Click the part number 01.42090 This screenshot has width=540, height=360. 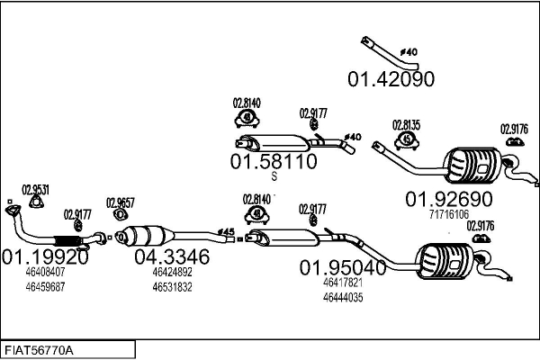pos(391,79)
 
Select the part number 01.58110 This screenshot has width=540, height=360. pos(274,163)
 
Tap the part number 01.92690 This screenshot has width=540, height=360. pos(448,198)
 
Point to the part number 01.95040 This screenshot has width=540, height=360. pos(343,266)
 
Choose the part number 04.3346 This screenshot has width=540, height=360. pos(172,256)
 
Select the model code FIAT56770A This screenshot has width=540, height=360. pos(40,348)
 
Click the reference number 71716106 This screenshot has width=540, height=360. pos(448,214)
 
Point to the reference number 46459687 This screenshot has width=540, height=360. pos(45,286)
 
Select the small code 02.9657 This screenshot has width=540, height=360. pos(120,202)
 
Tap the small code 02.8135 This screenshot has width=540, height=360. pos(406,126)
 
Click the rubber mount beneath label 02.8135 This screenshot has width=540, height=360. pos(407,140)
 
